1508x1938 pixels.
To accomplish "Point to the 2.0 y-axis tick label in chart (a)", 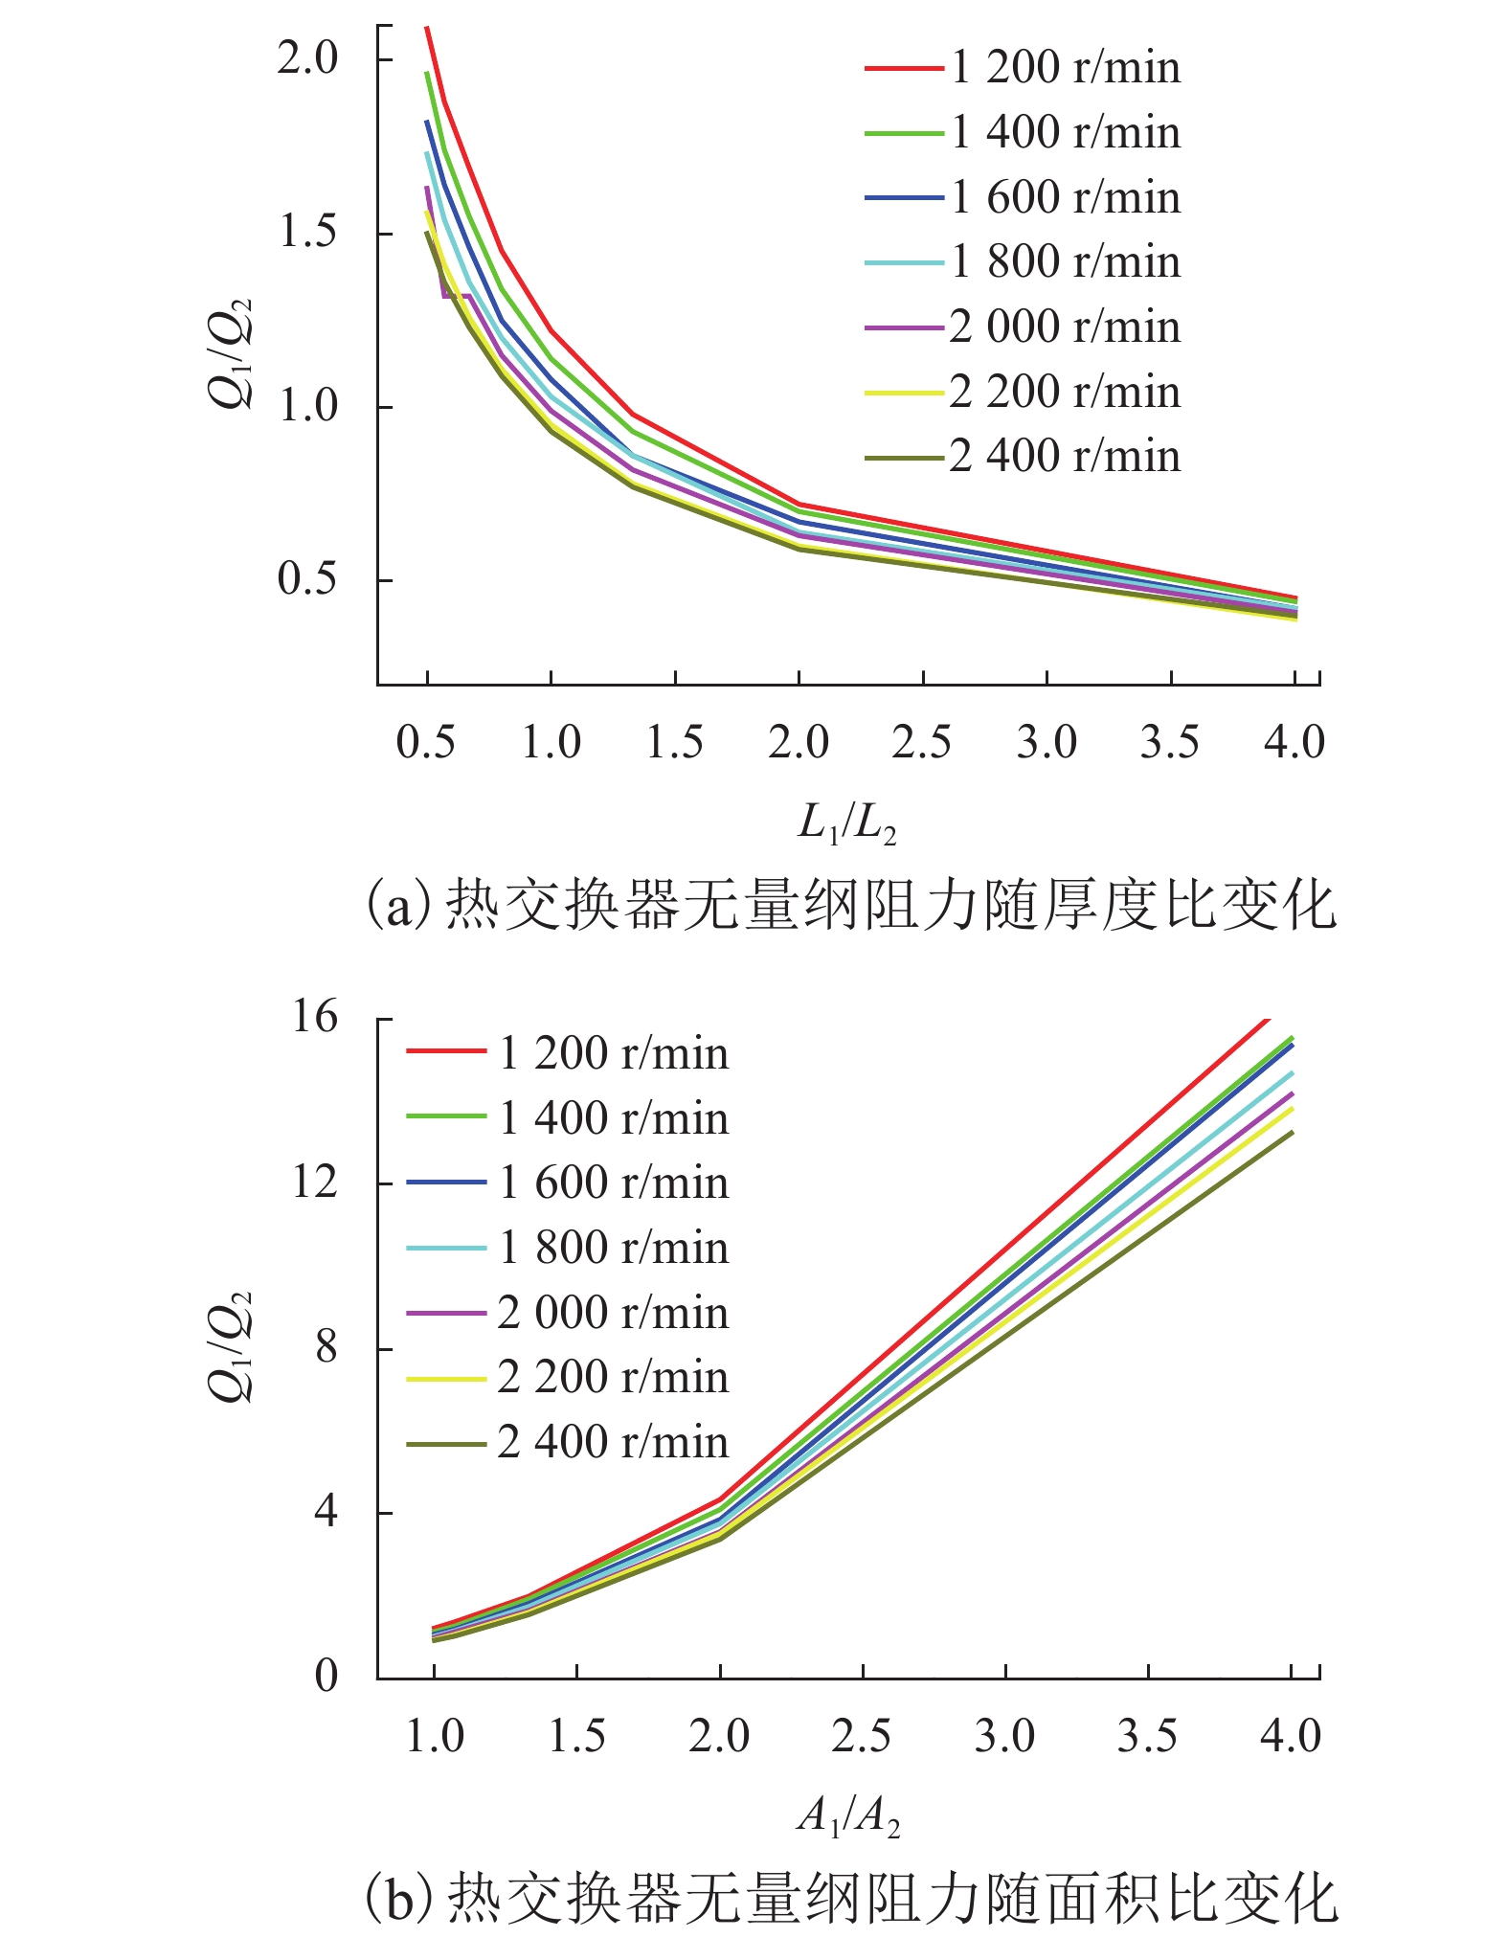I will [308, 59].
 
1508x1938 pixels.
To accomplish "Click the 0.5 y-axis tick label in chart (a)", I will [308, 579].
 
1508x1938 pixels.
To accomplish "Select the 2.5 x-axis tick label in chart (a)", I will [921, 743].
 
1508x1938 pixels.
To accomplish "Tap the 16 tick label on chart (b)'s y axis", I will [316, 1017].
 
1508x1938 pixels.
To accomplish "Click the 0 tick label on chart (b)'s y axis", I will [326, 1676].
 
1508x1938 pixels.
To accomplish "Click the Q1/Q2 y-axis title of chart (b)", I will [233, 1347].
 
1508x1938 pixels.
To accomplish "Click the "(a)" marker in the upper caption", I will [400, 905].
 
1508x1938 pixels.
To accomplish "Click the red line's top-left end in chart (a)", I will [427, 28].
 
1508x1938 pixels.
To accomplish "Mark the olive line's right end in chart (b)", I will [1293, 1132].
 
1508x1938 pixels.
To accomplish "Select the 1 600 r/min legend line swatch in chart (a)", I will [904, 198].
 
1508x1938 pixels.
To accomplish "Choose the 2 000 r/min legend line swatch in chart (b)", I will [446, 1313].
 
